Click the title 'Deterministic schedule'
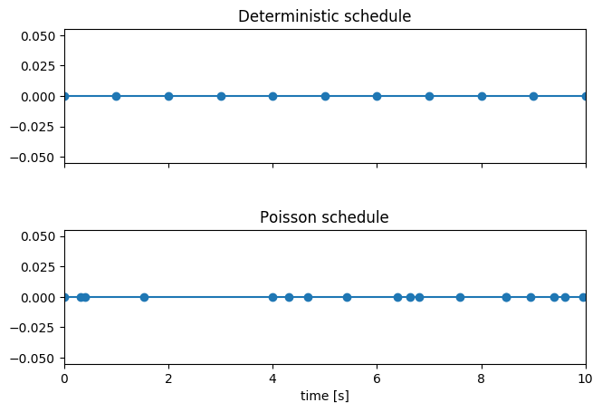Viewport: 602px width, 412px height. tap(324, 16)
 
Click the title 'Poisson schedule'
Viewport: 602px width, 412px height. tap(324, 217)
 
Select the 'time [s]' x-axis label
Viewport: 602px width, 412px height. tap(324, 396)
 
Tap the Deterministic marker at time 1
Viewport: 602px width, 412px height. tap(116, 96)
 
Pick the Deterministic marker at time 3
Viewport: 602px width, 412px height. tap(221, 96)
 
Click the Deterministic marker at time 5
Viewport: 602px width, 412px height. tap(325, 96)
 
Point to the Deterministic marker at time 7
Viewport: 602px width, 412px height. tap(429, 96)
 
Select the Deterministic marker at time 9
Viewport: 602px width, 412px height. tap(533, 96)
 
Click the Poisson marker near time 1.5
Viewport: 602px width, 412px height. tap(144, 297)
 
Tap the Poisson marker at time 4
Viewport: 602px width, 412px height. tap(272, 297)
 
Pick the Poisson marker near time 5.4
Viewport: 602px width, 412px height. tap(347, 297)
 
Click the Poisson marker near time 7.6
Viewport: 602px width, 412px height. tap(460, 297)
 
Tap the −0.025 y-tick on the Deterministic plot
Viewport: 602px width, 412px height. tap(35, 127)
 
